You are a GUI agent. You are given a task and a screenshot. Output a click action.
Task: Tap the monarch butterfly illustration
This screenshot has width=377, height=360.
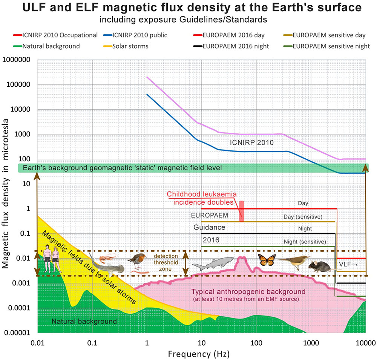pos(267,260)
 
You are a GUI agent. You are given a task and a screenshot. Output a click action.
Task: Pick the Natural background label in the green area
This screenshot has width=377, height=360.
pos(84,322)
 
